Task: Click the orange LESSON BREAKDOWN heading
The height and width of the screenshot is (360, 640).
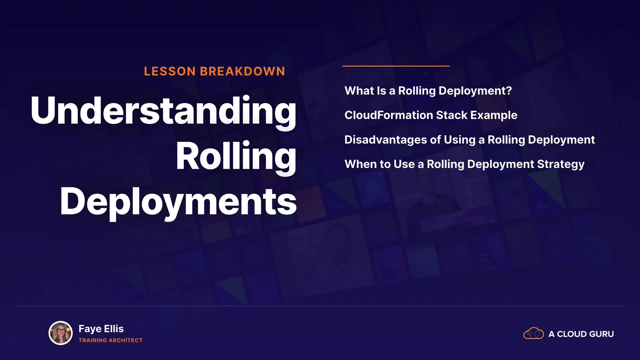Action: click(x=214, y=71)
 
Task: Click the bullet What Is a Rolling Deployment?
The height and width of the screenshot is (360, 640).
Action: click(x=428, y=91)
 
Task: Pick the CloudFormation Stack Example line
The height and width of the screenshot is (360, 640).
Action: click(x=431, y=115)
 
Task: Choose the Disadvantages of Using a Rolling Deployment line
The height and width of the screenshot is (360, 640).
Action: click(x=469, y=140)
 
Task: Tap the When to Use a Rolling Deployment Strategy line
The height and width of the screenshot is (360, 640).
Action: click(x=464, y=164)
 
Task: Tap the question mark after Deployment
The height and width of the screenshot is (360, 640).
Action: click(x=509, y=91)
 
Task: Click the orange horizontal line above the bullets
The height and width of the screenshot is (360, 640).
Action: click(x=396, y=66)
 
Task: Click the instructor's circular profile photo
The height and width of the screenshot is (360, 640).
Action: click(x=61, y=333)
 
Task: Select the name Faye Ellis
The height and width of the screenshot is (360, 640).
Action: click(x=101, y=329)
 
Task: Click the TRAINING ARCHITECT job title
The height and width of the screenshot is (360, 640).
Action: click(x=111, y=340)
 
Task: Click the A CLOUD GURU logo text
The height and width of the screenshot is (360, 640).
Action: click(x=581, y=334)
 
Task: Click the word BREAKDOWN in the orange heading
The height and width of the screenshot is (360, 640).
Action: click(x=242, y=71)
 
